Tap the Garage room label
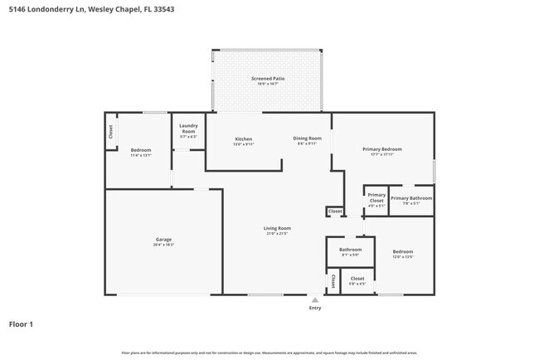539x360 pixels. (163, 240)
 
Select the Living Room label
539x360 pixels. (277, 228)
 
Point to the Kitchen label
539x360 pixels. (243, 139)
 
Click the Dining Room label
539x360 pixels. (307, 138)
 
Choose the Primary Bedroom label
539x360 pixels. (382, 149)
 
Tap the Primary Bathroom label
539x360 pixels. (411, 198)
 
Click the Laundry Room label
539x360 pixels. (188, 129)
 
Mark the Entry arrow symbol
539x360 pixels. (314, 299)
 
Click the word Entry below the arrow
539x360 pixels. (315, 308)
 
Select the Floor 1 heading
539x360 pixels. (22, 324)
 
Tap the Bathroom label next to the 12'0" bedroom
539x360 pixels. (350, 249)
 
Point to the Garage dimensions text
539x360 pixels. (163, 246)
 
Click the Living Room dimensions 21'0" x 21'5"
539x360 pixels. (277, 234)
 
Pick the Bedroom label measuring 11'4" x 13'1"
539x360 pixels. (141, 149)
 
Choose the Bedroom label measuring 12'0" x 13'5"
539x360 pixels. (403, 251)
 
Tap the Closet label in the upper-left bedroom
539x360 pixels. (110, 132)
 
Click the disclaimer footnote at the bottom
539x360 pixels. (269, 353)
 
